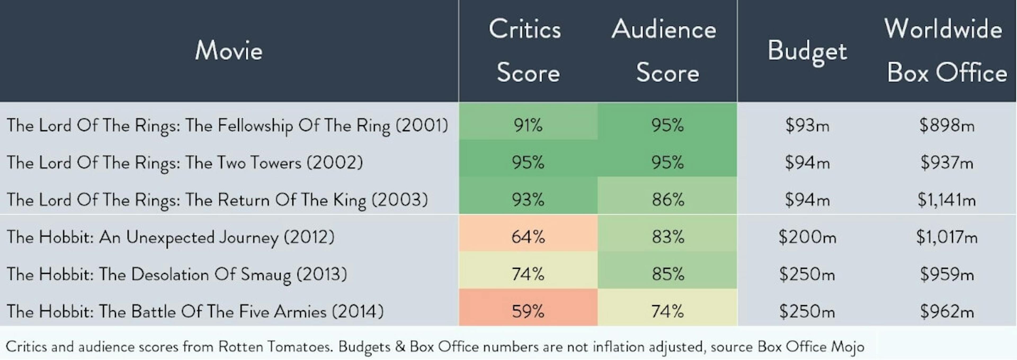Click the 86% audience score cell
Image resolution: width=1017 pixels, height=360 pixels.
pos(667,200)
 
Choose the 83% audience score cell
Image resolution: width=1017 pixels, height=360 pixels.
pos(667,237)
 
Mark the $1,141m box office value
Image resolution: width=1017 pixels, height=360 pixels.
pos(946,200)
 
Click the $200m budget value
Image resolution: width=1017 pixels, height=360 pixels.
pos(807,237)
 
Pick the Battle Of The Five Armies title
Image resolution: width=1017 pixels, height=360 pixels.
pos(195,312)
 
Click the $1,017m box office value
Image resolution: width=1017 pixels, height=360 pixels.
pos(946,237)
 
